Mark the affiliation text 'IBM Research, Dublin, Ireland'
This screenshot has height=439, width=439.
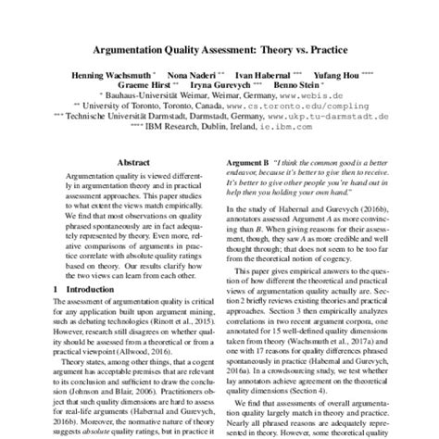(x=220, y=128)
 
